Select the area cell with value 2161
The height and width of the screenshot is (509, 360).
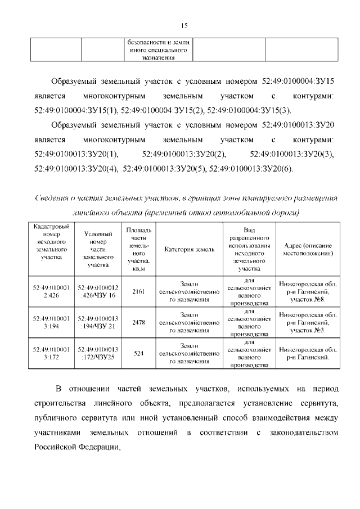[138, 291]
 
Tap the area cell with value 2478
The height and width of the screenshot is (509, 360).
[138, 323]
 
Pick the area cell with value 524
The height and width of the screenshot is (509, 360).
[138, 354]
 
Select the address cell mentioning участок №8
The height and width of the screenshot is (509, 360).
[308, 291]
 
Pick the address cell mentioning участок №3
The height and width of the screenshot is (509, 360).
[308, 323]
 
